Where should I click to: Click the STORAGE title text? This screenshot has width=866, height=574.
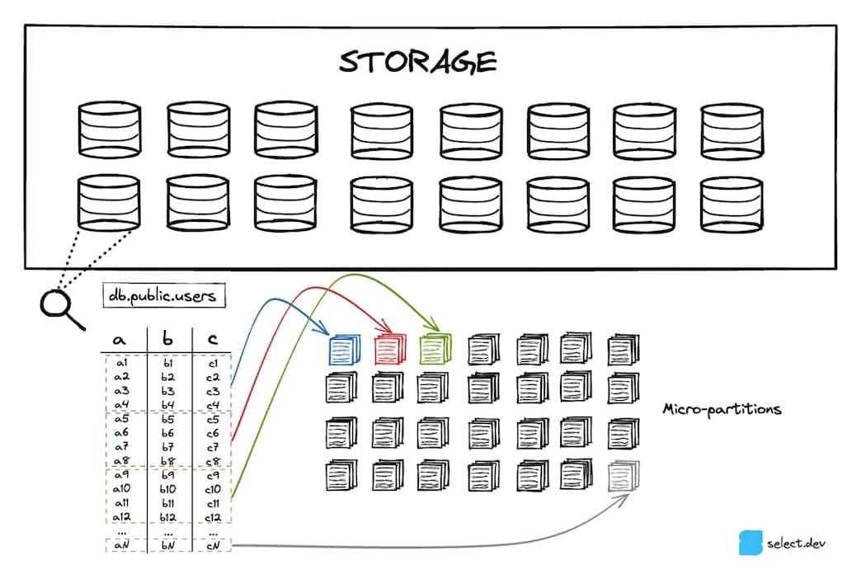pos(419,62)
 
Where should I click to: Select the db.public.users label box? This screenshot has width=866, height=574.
pos(164,295)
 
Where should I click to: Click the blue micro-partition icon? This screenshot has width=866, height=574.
pos(343,350)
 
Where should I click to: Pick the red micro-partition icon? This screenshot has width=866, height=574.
pos(389,350)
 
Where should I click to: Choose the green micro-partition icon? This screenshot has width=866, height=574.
pos(435,350)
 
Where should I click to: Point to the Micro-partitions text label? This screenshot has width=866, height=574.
pos(722,409)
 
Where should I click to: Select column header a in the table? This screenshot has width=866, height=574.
pos(120,339)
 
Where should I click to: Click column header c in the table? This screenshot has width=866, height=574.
pos(212,339)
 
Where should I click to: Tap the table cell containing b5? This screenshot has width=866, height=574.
pos(167,418)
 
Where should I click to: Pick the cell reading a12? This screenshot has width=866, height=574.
pos(122,516)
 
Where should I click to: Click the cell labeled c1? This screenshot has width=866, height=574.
pos(212,363)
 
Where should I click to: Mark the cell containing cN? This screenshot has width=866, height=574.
pos(212,546)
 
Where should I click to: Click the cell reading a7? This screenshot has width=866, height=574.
pos(121,446)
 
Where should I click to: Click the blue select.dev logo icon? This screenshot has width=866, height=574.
pos(751,543)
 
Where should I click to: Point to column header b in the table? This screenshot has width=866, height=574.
pos(167,339)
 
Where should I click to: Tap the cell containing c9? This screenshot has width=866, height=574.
pos(212,474)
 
